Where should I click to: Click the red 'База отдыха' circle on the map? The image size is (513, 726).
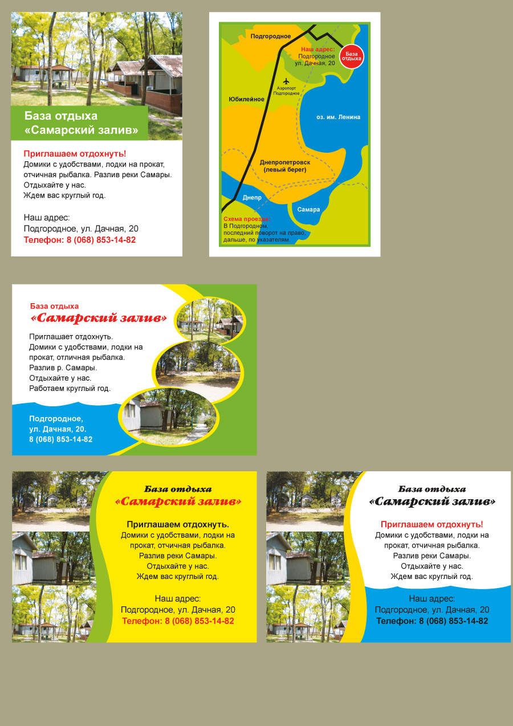point(352,56)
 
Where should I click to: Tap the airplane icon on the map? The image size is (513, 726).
point(286,80)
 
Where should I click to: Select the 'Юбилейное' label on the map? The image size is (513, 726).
point(246,99)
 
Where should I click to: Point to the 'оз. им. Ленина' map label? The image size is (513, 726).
point(338,117)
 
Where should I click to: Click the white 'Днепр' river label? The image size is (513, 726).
point(252,198)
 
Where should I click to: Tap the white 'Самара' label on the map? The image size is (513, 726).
point(308,209)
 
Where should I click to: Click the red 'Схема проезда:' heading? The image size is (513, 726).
point(247,219)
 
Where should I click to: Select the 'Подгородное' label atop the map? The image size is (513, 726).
point(271,36)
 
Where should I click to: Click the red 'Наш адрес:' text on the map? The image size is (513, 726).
point(317,50)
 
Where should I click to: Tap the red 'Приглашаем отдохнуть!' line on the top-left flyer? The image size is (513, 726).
point(75,154)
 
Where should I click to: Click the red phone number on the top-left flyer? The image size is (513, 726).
point(80,240)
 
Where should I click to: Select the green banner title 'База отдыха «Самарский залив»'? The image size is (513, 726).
point(81,123)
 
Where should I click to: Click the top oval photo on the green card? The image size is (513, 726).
point(209,320)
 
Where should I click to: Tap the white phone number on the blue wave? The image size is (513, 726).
point(60,439)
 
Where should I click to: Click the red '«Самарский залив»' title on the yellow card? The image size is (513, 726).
point(178,502)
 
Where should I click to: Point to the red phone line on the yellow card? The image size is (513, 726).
point(178,621)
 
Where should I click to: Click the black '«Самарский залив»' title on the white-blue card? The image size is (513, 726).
point(432,502)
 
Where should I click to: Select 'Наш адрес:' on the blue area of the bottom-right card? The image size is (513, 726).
point(432,598)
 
